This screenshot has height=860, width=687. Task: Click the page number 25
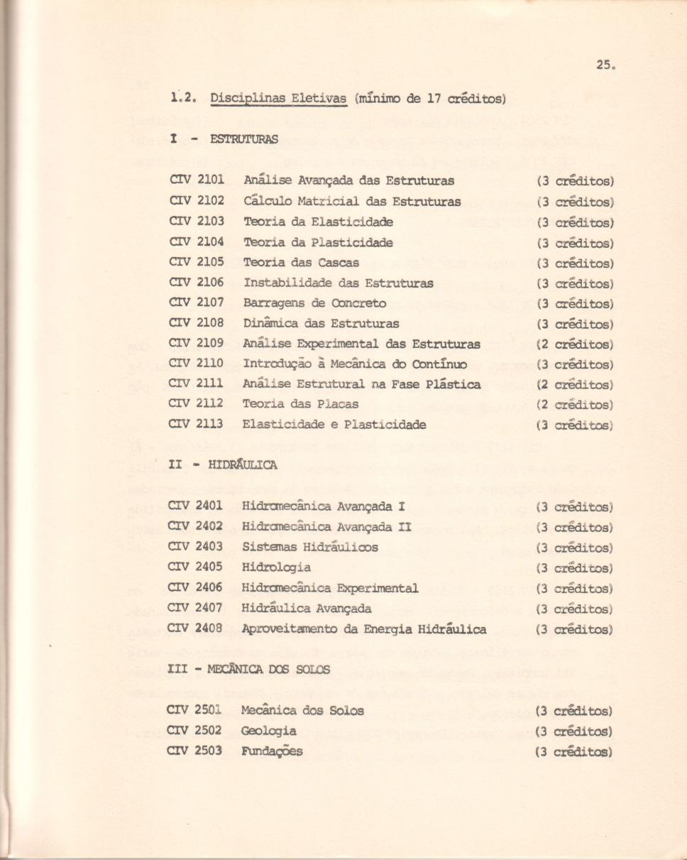tap(605, 65)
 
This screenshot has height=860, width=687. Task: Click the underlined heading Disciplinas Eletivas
tap(277, 99)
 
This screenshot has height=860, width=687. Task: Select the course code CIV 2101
tap(195, 181)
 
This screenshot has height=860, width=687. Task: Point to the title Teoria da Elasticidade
tap(317, 222)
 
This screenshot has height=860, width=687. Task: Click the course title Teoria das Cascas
tap(301, 263)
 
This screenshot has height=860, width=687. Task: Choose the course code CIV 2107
tap(195, 303)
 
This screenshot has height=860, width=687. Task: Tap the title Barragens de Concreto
tap(314, 303)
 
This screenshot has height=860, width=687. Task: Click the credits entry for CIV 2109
tap(575, 344)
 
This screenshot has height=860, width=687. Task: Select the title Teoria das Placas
tap(300, 404)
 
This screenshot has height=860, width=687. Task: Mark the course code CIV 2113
tap(195, 425)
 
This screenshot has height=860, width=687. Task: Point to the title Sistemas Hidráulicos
tap(309, 548)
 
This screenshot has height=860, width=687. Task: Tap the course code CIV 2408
tap(195, 629)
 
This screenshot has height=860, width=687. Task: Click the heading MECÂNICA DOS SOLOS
tap(268, 669)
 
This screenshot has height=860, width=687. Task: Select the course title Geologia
tap(268, 731)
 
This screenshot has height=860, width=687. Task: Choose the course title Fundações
tap(272, 751)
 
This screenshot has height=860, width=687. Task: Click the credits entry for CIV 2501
tap(575, 711)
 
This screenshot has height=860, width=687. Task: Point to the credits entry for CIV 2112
tap(575, 404)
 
